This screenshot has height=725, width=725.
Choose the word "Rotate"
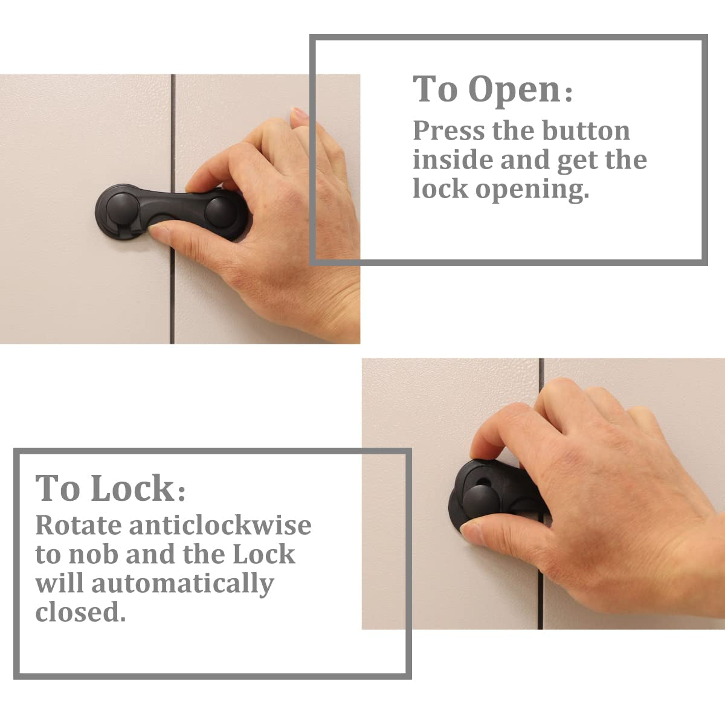click(78, 525)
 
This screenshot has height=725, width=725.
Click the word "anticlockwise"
click(221, 525)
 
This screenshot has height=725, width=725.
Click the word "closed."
click(80, 612)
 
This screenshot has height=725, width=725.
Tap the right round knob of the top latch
click(221, 210)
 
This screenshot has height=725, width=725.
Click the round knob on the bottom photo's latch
click(480, 501)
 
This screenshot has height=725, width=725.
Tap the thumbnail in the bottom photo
click(471, 531)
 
